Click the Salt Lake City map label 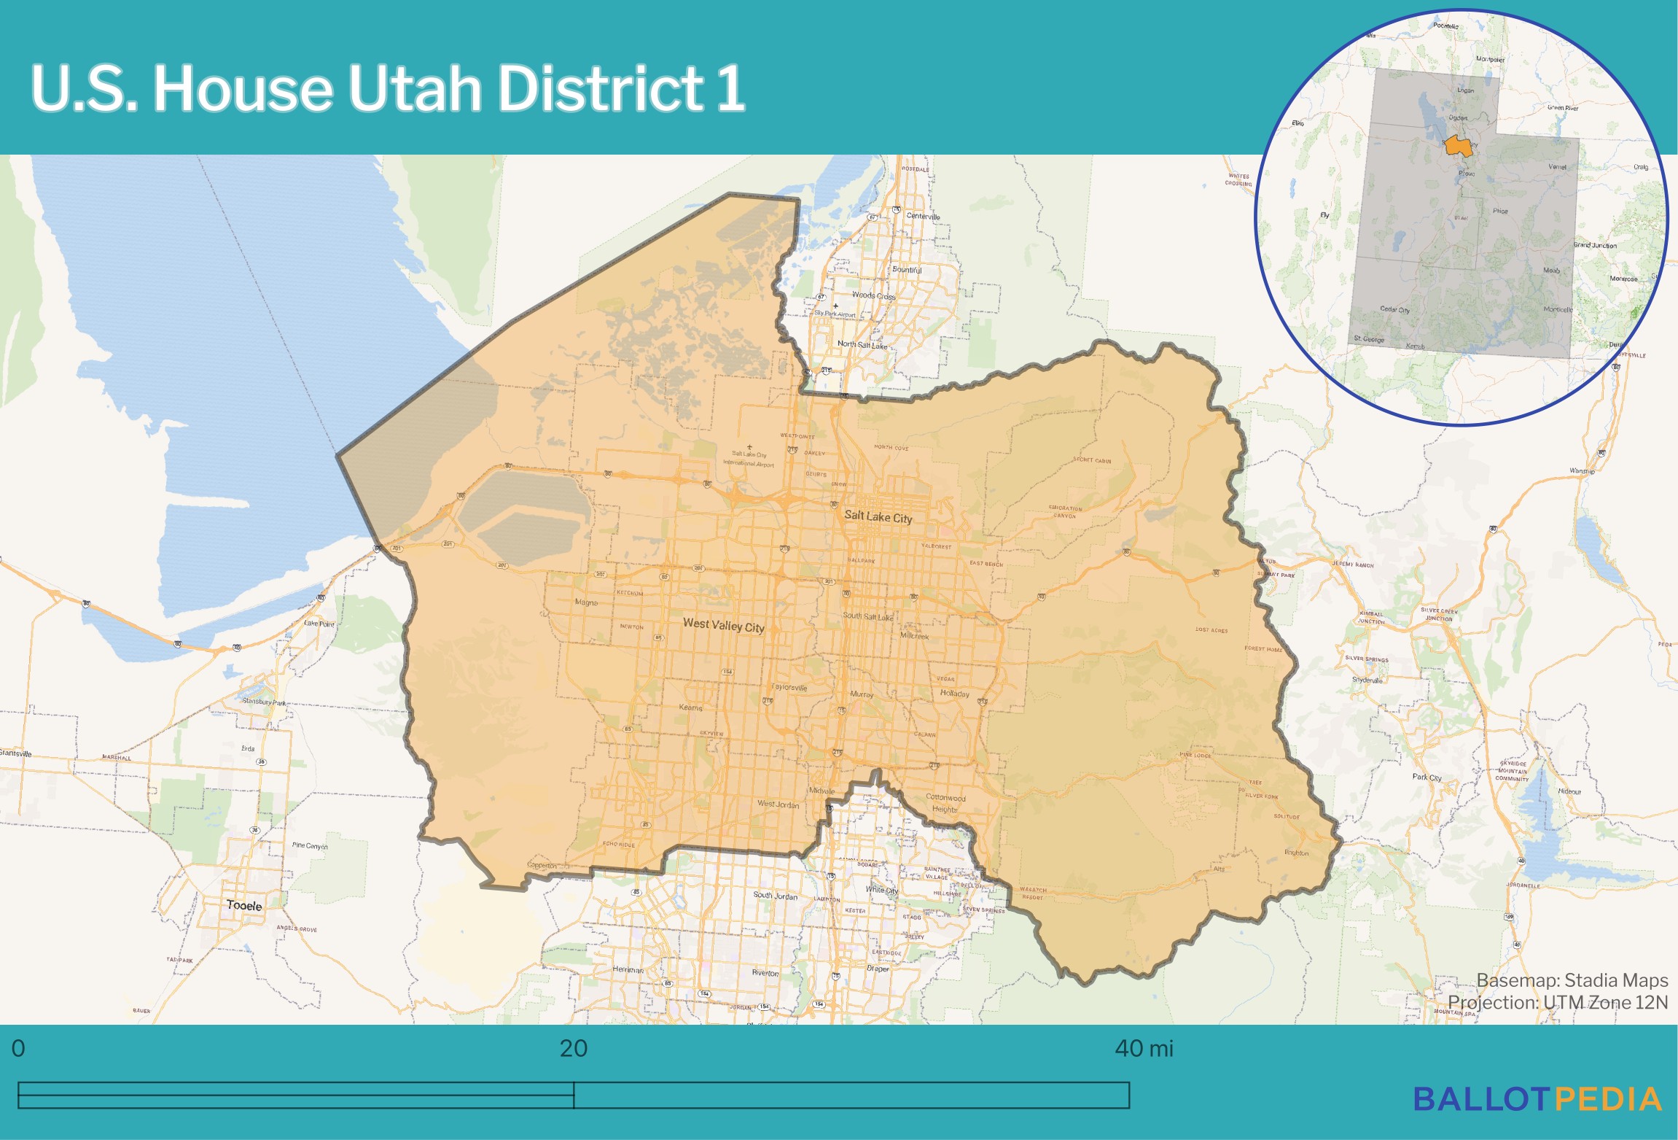[x=878, y=516]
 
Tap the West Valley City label [x=723, y=625]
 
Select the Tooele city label [x=244, y=905]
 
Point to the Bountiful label [x=907, y=269]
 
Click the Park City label [x=1427, y=777]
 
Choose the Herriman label [x=628, y=969]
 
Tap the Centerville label [x=923, y=216]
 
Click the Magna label [x=586, y=602]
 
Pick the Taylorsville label [x=789, y=687]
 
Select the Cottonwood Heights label [x=945, y=803]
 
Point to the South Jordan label [x=775, y=895]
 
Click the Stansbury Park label [x=264, y=702]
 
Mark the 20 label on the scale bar [x=574, y=1048]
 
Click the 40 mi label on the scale [x=1144, y=1048]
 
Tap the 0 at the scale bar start [x=18, y=1048]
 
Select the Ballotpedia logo [x=1537, y=1099]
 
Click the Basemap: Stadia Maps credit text [x=1572, y=980]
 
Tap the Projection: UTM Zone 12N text [x=1558, y=1002]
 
